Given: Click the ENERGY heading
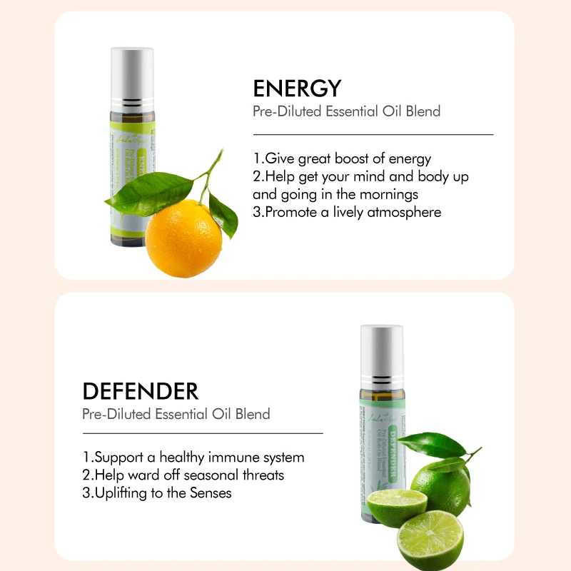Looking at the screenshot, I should [297, 89].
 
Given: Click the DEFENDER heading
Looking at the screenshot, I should [141, 391].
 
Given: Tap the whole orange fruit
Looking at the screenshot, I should [184, 238].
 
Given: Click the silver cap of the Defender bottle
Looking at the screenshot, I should [382, 347].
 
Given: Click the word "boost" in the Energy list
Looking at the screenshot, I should [363, 158].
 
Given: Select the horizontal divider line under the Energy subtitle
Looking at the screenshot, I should [373, 134].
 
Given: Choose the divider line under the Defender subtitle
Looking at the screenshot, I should [203, 433].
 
